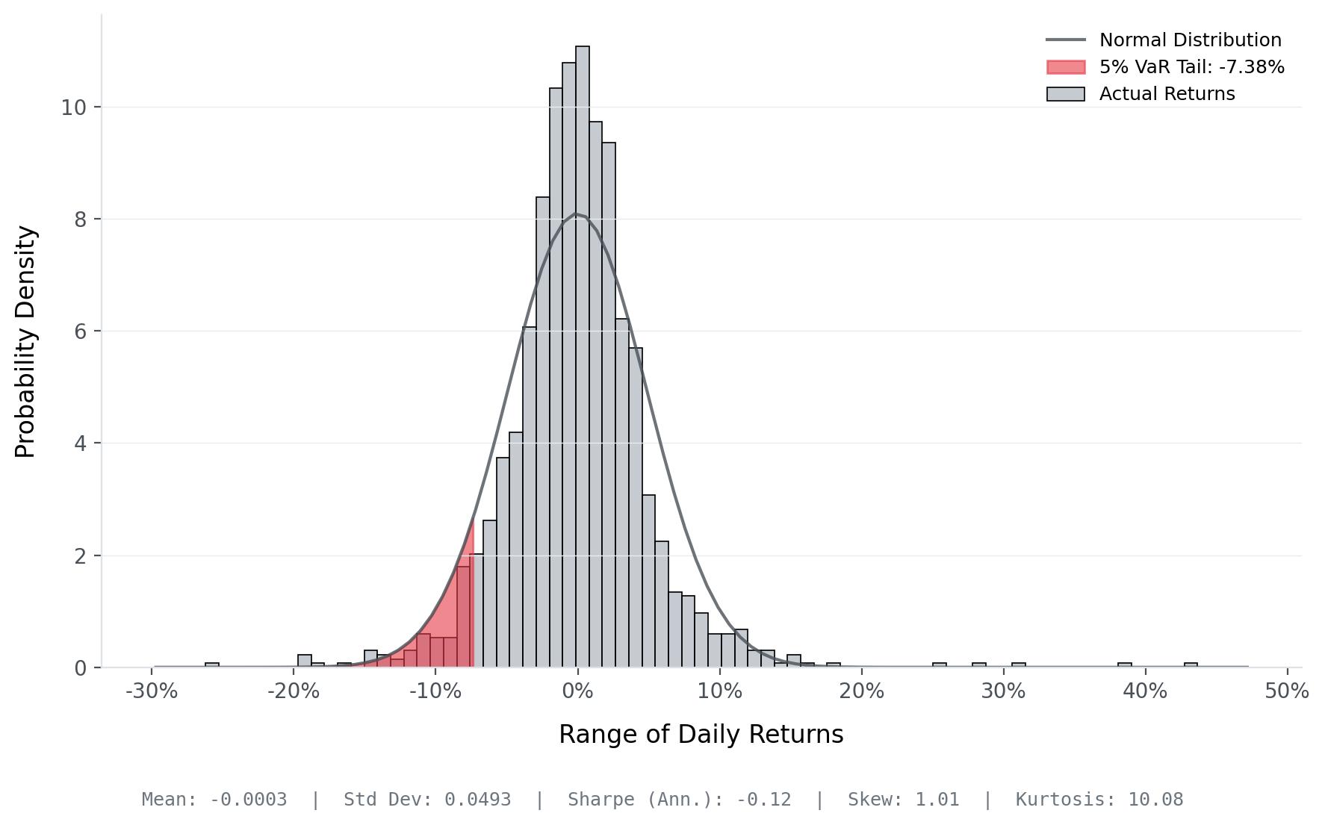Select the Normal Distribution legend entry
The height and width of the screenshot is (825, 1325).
1190,40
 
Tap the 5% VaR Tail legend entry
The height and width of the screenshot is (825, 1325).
1191,67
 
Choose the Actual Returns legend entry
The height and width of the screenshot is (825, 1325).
1167,94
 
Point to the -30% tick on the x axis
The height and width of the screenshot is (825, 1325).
152,691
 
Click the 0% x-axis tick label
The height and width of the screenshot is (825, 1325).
577,691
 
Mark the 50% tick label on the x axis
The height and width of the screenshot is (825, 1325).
1286,691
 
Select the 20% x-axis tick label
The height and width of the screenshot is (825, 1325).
861,691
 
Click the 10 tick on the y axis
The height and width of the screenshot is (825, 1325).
73,108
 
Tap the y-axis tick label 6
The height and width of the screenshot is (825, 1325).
80,331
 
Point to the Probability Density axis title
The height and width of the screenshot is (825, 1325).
25,341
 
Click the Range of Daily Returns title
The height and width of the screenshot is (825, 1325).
701,735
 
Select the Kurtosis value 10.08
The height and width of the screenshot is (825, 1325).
1155,800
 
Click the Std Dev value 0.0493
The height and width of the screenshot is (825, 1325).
477,800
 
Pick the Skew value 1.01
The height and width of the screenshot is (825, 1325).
937,800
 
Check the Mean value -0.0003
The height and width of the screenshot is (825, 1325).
248,800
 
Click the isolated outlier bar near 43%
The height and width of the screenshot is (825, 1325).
1191,664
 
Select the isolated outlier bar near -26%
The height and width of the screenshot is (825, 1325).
212,664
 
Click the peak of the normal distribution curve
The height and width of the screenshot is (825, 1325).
577,214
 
